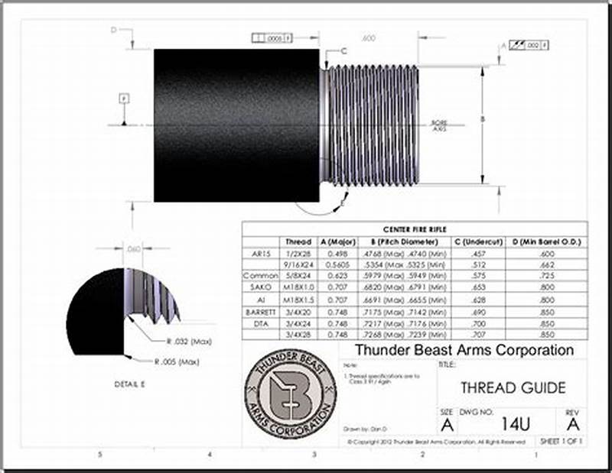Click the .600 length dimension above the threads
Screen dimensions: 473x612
click(368, 37)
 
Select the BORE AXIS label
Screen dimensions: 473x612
click(439, 125)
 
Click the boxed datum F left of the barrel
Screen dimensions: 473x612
click(123, 99)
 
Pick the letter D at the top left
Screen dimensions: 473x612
click(113, 30)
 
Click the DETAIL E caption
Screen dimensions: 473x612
click(129, 384)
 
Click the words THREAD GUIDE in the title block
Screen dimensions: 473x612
click(513, 388)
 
